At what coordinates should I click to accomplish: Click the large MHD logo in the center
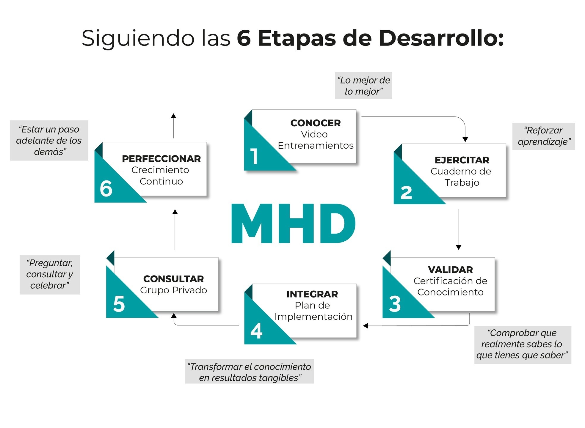[x=293, y=224]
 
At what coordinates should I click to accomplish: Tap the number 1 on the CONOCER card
[x=254, y=156]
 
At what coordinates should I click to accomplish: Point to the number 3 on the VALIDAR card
[x=395, y=304]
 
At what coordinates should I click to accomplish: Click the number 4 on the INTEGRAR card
[x=256, y=331]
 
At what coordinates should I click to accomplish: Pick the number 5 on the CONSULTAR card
[x=119, y=304]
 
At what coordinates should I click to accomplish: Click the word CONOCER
[x=316, y=123]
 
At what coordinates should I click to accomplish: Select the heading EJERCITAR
[x=462, y=160]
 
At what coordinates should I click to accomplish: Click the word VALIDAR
[x=450, y=270]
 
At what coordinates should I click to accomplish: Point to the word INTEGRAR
[x=312, y=294]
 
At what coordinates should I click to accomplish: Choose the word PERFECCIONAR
[x=161, y=159]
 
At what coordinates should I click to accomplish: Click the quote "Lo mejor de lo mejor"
[x=363, y=86]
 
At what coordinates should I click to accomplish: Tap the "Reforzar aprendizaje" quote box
[x=543, y=136]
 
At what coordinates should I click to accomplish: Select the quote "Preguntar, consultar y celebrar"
[x=50, y=274]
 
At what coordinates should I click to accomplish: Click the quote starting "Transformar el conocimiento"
[x=249, y=372]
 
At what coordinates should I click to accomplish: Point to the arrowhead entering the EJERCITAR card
[x=465, y=139]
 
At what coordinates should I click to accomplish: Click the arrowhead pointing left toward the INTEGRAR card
[x=366, y=326]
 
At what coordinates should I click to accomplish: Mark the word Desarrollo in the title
[x=441, y=38]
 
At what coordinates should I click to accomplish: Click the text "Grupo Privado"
[x=173, y=290]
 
